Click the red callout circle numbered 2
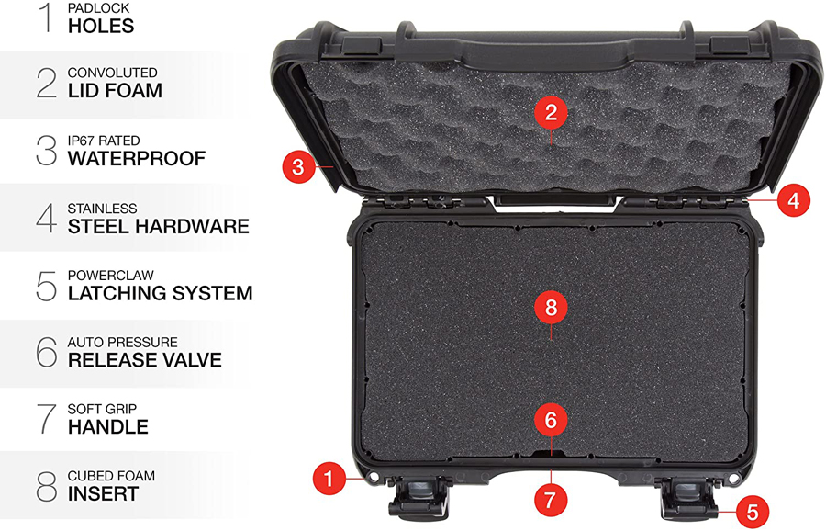(x=551, y=112)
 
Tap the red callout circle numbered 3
(x=298, y=166)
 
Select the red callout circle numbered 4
(x=793, y=200)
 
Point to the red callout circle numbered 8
(x=551, y=307)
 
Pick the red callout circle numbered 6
(x=551, y=420)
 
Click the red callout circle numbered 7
(x=551, y=500)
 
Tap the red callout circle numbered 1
(x=329, y=479)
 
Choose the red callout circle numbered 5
(x=753, y=512)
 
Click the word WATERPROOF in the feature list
(x=137, y=158)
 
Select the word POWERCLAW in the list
(x=111, y=276)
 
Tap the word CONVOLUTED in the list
(x=112, y=73)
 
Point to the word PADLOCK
(x=98, y=8)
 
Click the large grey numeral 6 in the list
(x=47, y=352)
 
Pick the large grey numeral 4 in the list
(x=47, y=218)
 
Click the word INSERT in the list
(x=103, y=494)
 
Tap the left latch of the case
(x=419, y=497)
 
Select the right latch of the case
(x=689, y=498)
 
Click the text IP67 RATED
(x=104, y=141)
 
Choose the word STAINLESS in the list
(x=102, y=209)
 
